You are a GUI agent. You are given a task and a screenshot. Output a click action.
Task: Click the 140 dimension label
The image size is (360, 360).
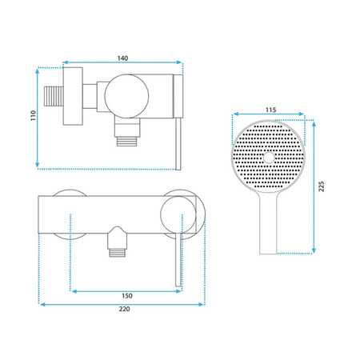click(122, 58)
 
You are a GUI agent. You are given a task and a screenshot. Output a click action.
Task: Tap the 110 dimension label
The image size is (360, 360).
click(33, 115)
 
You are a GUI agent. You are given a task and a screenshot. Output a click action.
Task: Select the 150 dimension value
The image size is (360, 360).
click(127, 296)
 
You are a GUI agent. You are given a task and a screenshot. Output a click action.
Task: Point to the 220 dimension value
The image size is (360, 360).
click(125, 309)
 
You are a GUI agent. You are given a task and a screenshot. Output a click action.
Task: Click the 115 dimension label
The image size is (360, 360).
click(271, 110)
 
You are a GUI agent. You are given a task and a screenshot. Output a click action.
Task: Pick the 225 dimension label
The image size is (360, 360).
click(322, 186)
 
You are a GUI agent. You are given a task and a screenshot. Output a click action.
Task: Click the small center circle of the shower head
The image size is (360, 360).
click(269, 158)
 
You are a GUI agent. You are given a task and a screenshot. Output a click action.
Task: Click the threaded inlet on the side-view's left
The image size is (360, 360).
click(54, 96)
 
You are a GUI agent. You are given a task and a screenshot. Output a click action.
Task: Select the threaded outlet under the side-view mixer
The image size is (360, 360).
click(127, 141)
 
